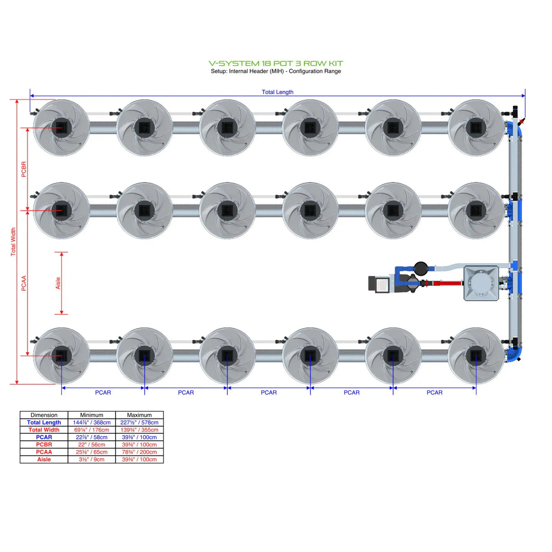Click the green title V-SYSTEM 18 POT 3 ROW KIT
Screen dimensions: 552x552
coord(276,63)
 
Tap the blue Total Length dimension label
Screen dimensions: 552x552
coord(277,92)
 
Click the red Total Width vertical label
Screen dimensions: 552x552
coord(13,241)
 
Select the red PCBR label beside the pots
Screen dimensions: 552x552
coord(24,169)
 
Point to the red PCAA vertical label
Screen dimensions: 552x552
coord(24,283)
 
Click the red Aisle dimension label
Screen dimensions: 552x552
coord(58,283)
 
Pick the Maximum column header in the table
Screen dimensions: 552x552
coord(139,415)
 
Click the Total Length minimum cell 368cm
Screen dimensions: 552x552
coord(92,422)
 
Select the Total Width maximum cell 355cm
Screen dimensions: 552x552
coord(139,430)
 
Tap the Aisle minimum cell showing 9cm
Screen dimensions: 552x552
coord(92,459)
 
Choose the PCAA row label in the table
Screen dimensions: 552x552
coord(44,452)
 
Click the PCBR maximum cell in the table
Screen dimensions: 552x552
coord(139,445)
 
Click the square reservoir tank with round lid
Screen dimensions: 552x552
coord(481,283)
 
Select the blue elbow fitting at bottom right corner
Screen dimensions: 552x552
coord(515,353)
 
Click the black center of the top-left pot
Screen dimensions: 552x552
coord(61,127)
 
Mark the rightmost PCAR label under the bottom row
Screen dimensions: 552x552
coord(434,392)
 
